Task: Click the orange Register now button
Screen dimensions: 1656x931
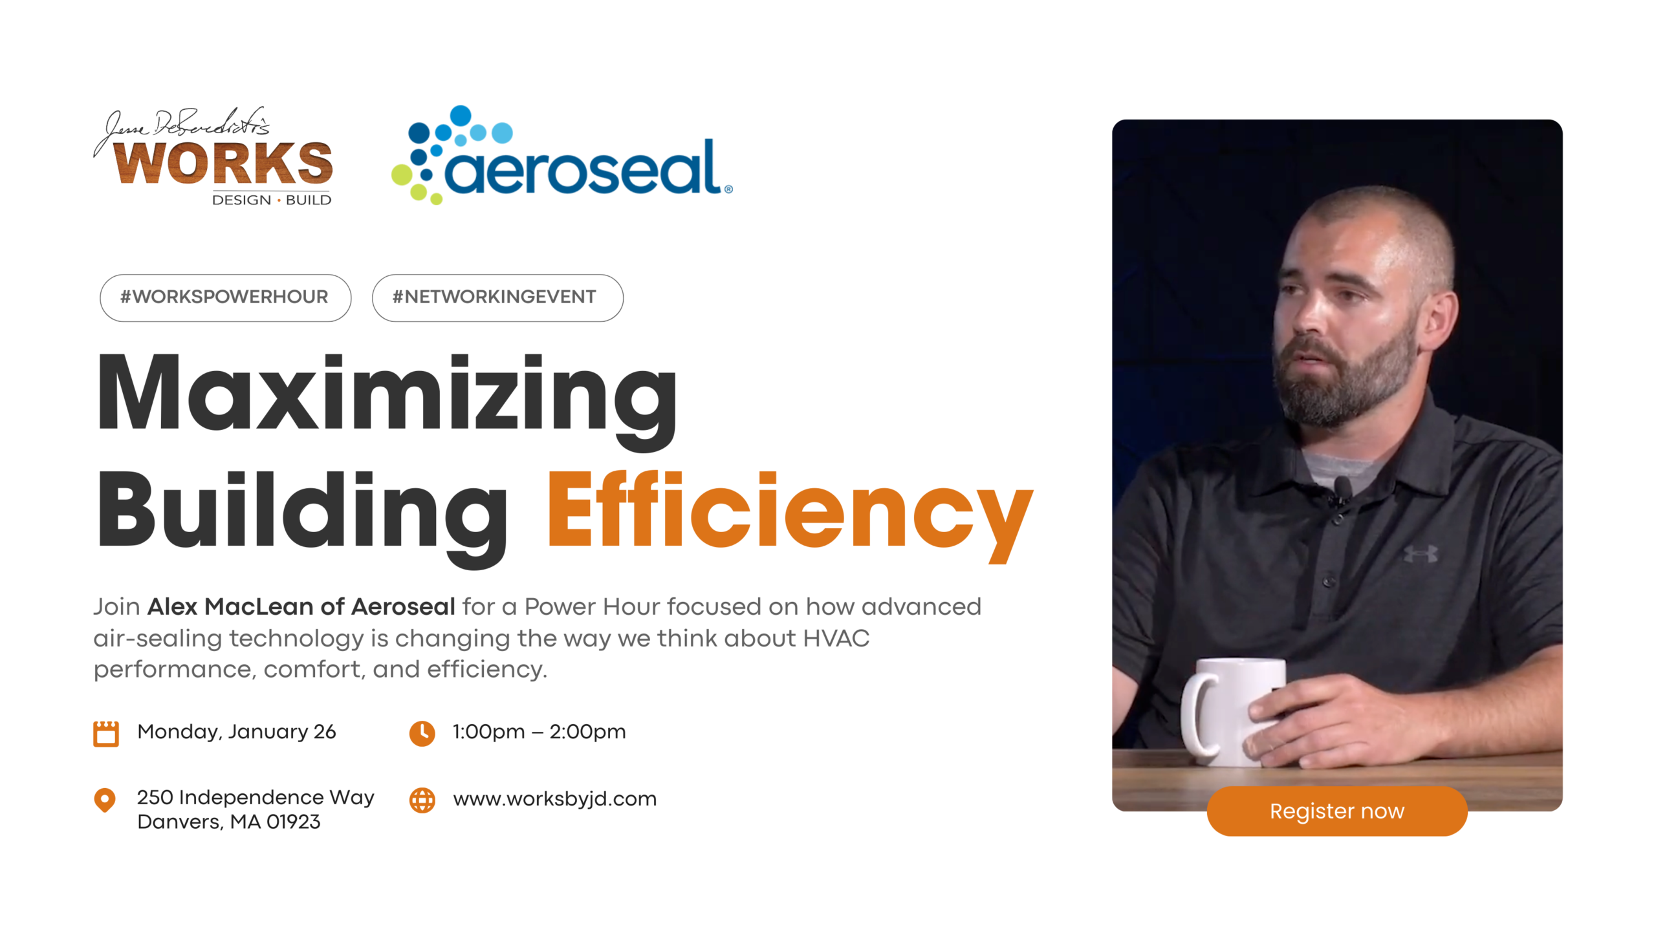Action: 1336,811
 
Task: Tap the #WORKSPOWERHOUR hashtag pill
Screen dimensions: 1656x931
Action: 225,297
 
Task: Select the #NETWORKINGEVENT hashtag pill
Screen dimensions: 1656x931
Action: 497,297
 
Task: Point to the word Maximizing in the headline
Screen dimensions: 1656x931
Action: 387,401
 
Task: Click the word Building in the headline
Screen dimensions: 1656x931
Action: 302,517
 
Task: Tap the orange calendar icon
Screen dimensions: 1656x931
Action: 106,733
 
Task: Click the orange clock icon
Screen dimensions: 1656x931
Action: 422,733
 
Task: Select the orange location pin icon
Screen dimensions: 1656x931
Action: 105,800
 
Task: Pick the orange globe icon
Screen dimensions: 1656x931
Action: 422,800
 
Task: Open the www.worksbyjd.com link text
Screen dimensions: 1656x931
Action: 555,799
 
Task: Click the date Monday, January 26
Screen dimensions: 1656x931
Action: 237,732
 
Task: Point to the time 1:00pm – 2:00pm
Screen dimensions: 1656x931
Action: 539,731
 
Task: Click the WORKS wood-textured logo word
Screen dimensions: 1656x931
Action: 223,163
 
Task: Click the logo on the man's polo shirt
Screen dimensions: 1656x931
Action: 1421,554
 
